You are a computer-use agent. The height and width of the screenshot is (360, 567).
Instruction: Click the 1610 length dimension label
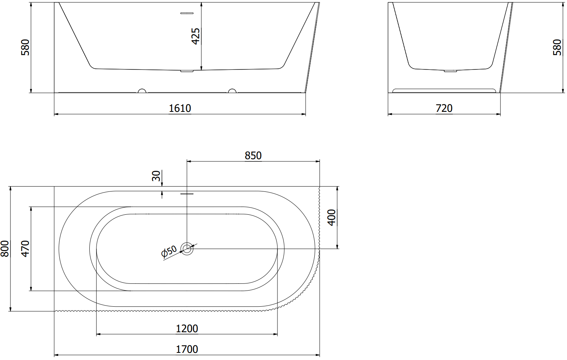[x=180, y=108]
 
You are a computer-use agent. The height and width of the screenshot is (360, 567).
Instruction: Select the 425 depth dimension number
[x=196, y=36]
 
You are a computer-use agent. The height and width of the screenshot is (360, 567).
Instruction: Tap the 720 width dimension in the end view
[x=444, y=108]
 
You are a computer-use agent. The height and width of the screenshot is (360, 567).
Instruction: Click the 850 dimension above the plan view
[x=253, y=155]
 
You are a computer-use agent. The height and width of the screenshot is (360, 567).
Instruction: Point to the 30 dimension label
[x=156, y=176]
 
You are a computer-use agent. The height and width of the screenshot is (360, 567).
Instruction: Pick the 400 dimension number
[x=331, y=218]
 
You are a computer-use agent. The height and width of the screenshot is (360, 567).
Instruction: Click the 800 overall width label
[x=5, y=249]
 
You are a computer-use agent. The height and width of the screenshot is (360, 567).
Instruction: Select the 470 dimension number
[x=25, y=249]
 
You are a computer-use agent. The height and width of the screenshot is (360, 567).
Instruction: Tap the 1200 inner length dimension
[x=187, y=328]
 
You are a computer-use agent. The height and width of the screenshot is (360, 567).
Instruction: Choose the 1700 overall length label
[x=187, y=349]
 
